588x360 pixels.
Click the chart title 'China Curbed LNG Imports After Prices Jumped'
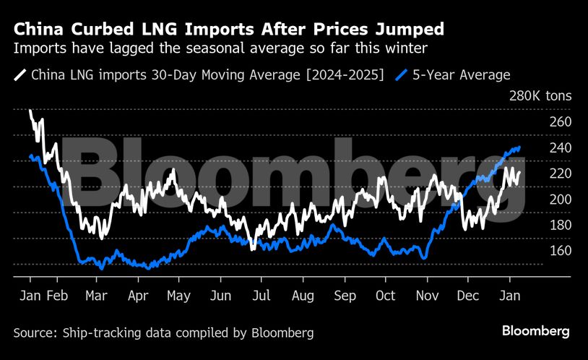coord(228,30)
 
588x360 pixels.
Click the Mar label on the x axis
coord(96,296)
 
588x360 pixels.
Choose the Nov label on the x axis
coord(428,296)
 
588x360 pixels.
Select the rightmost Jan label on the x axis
coord(510,296)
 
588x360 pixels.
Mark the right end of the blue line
coord(520,147)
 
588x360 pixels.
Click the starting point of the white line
coord(30,111)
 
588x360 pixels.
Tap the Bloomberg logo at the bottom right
coord(536,331)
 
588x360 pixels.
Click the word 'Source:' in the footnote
coord(35,333)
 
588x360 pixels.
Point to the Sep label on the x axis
coord(345,296)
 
